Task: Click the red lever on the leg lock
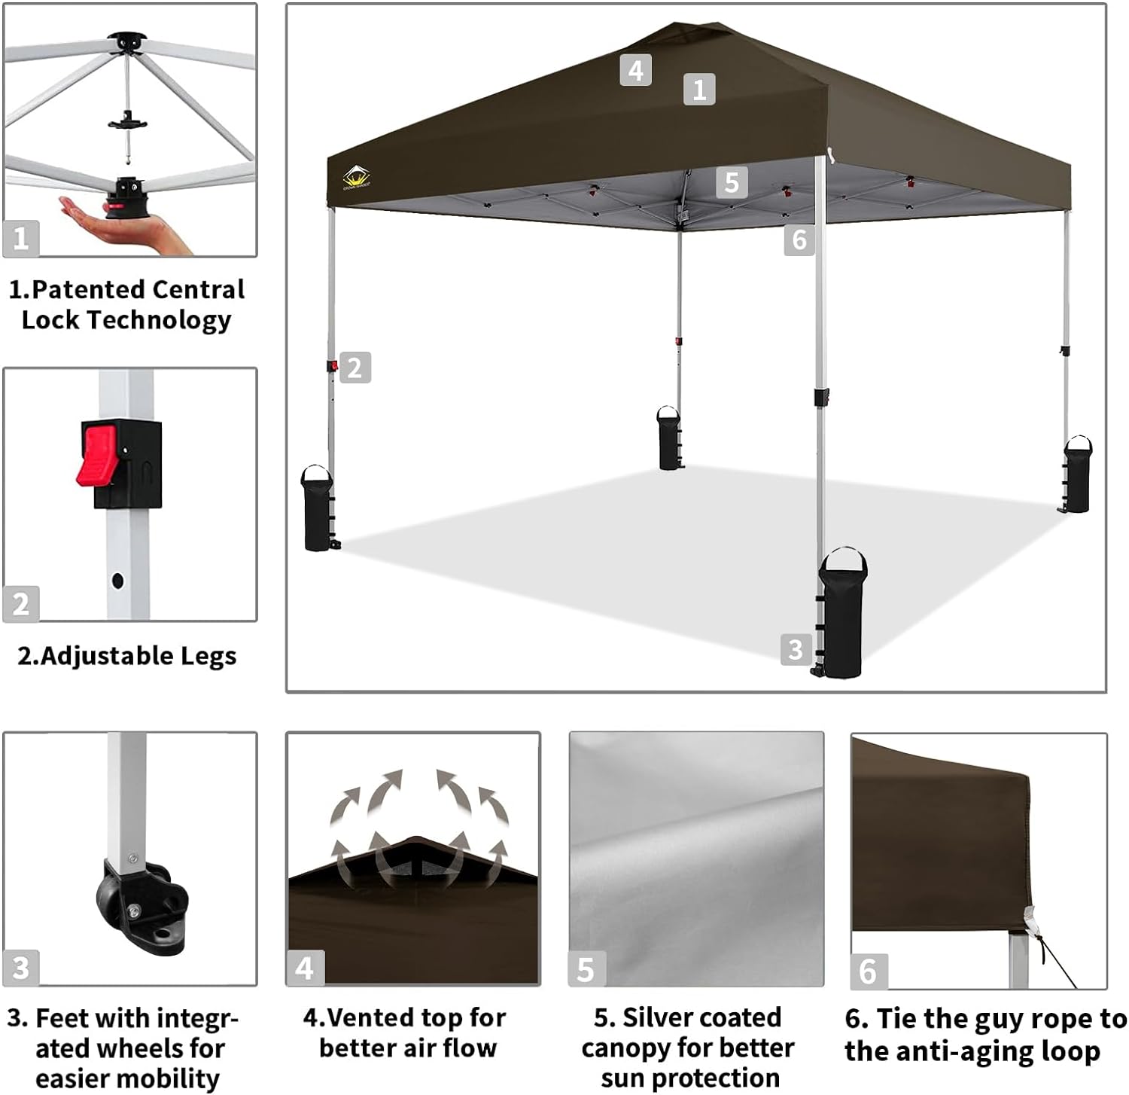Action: tap(96, 455)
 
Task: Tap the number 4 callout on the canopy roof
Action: tap(635, 70)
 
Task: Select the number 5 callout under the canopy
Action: tap(732, 182)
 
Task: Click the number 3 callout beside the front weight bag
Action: tap(796, 648)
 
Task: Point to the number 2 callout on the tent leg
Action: tap(355, 368)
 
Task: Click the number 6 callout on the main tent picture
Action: tap(799, 240)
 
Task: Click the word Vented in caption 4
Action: tap(372, 1017)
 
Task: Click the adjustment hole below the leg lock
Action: tap(117, 581)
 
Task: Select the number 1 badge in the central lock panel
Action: tap(20, 238)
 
